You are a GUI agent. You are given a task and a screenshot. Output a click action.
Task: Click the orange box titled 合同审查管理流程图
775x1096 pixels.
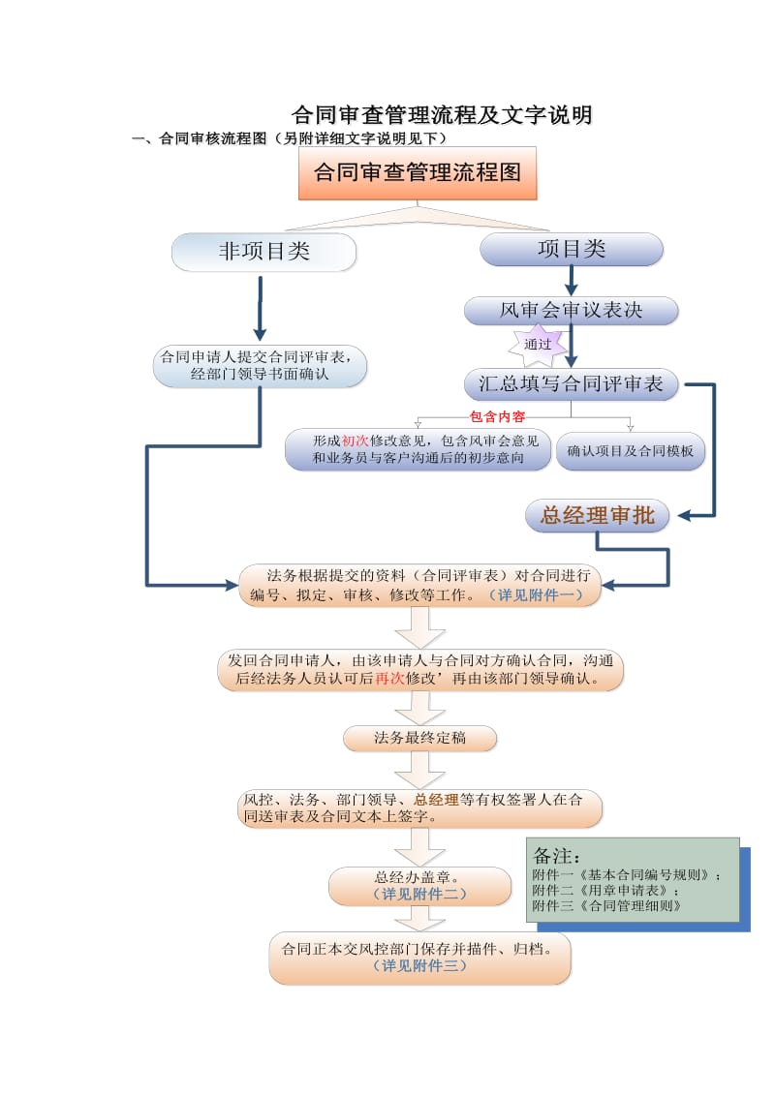pos(418,172)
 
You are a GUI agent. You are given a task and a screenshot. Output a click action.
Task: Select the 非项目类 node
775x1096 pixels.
pos(263,252)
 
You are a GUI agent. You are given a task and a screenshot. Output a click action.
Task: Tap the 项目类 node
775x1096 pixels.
pos(571,249)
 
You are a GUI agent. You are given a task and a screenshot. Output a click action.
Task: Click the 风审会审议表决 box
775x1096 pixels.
pos(571,311)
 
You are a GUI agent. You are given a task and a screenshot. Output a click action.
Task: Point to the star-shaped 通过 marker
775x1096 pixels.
pos(538,345)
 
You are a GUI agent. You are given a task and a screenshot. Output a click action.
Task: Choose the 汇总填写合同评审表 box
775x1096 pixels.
pos(571,383)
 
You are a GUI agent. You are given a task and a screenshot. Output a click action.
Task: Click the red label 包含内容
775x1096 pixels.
pos(497,416)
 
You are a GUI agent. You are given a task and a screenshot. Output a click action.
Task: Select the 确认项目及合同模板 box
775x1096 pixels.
pos(631,451)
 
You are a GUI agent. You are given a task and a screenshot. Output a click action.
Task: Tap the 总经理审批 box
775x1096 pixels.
pos(598,515)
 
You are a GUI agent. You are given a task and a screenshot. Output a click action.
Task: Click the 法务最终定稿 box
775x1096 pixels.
pos(419,738)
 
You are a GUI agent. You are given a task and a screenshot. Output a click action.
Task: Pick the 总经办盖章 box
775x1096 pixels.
pos(419,886)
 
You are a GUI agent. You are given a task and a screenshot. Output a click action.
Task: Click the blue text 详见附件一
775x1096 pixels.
pos(536,594)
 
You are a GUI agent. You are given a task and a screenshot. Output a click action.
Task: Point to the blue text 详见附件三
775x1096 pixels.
pos(419,965)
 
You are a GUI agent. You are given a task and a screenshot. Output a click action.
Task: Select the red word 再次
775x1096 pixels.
pos(390,678)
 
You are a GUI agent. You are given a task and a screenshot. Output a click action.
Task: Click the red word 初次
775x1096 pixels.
pos(356,441)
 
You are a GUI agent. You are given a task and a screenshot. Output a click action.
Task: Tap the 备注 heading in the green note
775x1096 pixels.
pos(556,856)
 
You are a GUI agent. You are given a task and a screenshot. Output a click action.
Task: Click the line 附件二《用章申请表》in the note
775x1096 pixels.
pos(605,890)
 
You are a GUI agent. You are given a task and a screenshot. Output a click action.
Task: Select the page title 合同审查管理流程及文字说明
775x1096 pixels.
pos(442,114)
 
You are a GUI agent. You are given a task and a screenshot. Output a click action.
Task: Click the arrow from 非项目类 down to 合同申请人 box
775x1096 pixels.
pos(261,308)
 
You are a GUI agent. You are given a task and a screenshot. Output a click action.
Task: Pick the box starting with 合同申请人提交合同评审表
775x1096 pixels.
pos(260,365)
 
